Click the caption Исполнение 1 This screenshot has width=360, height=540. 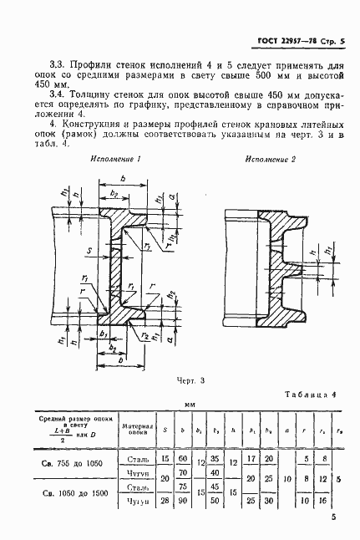tap(118, 159)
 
